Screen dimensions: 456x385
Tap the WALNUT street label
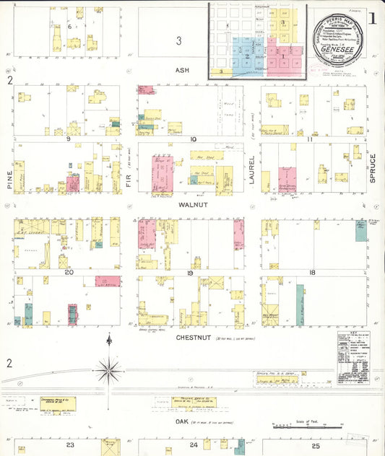[196, 205]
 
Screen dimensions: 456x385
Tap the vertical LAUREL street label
[252, 170]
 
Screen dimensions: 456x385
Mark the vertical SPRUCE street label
[373, 168]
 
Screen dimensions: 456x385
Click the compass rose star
[109, 370]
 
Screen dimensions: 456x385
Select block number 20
[69, 273]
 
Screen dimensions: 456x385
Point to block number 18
[311, 273]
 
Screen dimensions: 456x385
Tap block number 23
[70, 445]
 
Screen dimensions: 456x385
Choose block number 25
[316, 445]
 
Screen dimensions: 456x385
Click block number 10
[193, 139]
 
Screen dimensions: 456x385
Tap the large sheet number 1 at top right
[372, 19]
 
